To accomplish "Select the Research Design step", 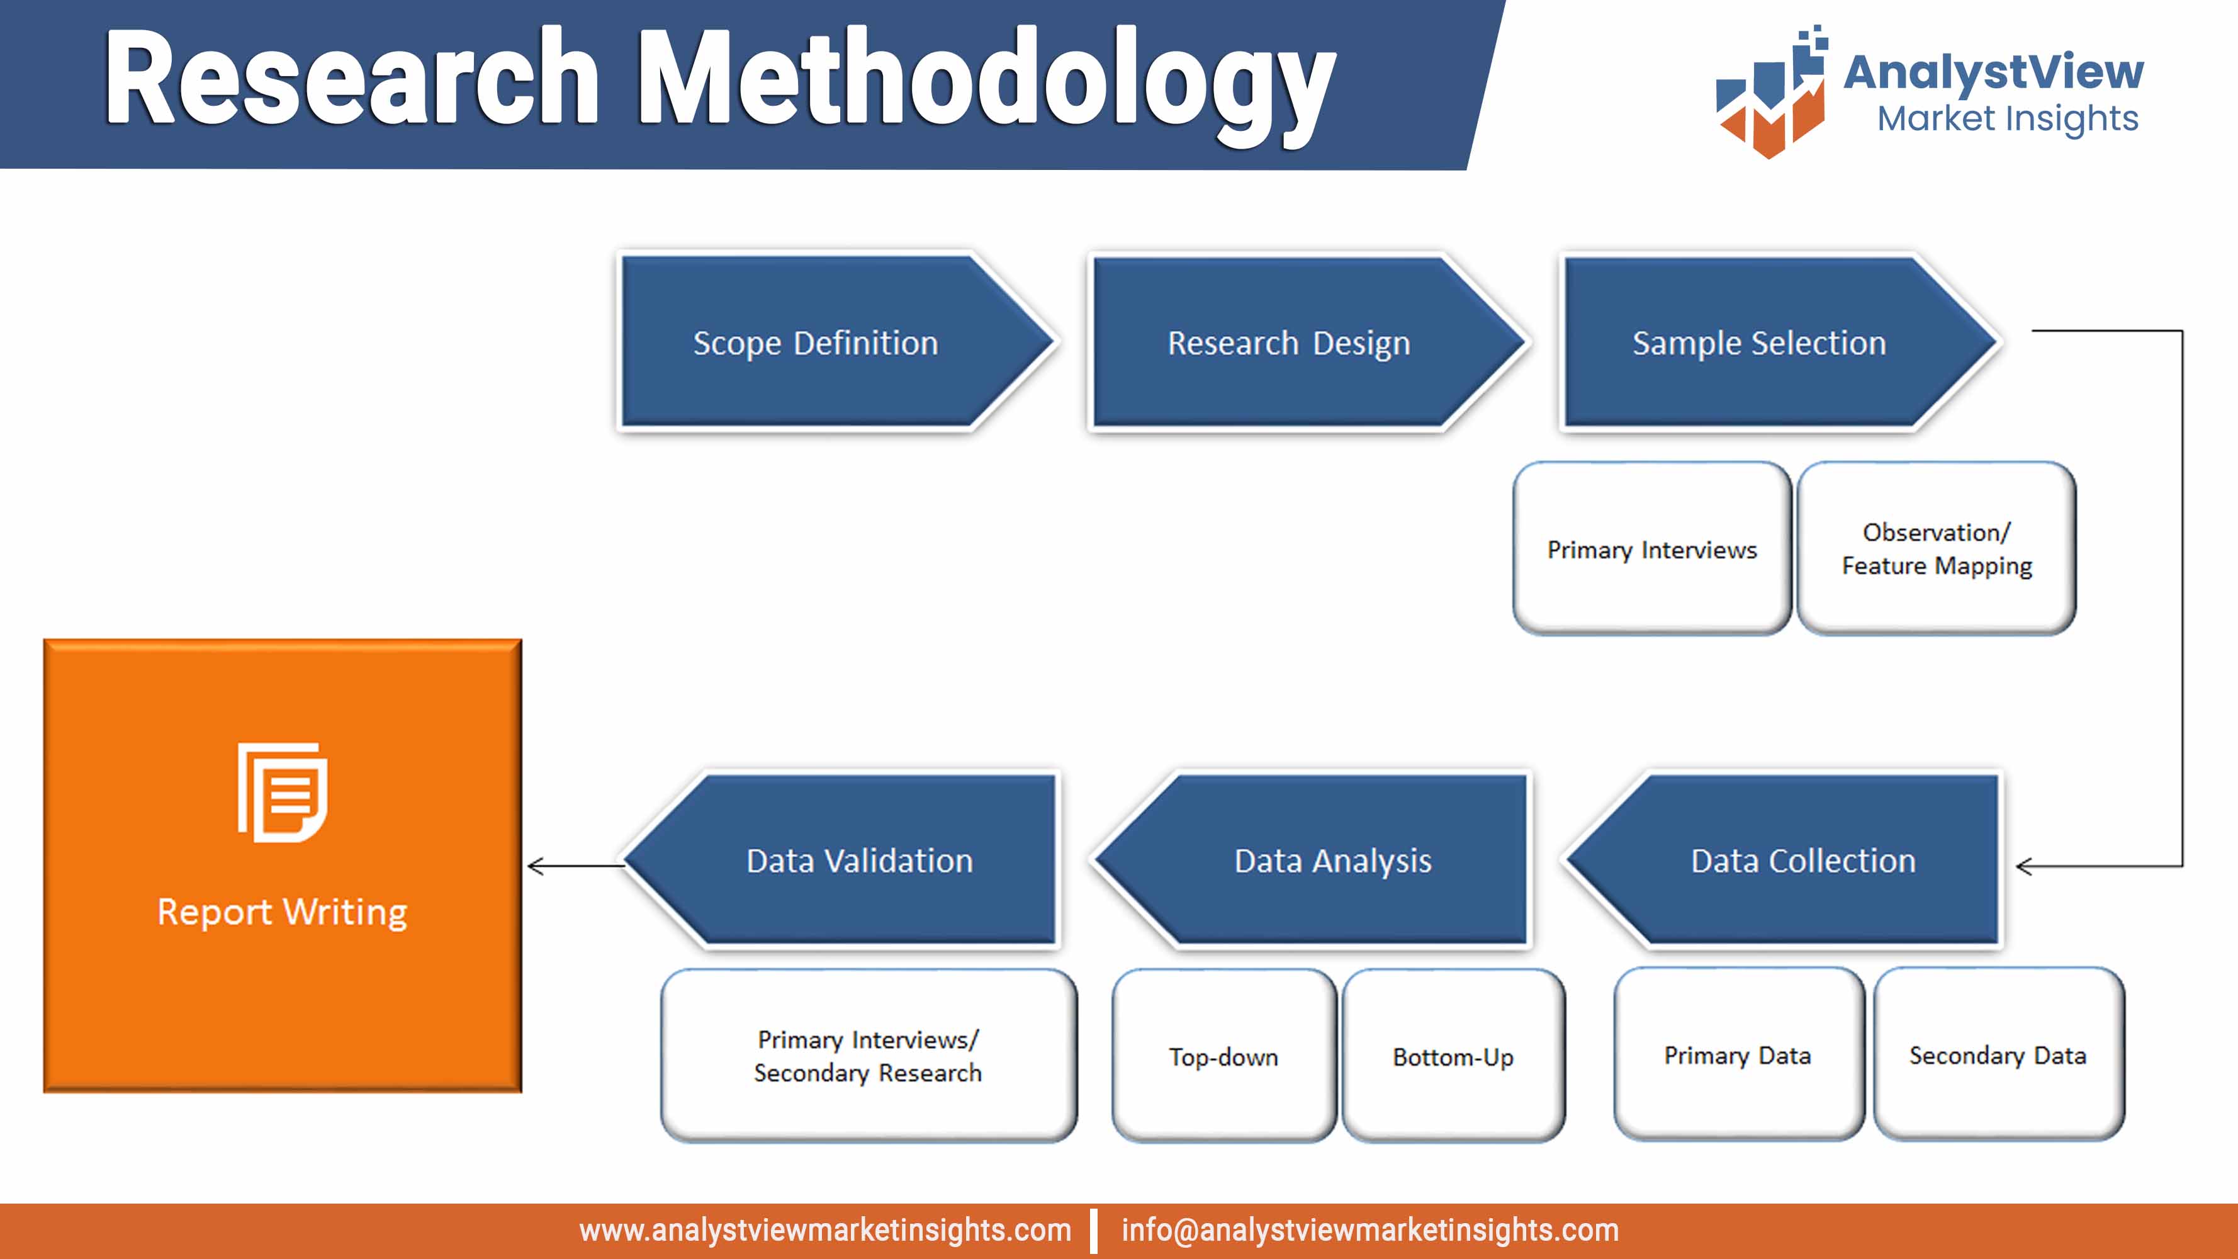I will pyautogui.click(x=1288, y=342).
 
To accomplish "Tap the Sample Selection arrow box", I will pyautogui.click(x=1759, y=342).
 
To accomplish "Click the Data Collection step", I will pyautogui.click(x=1802, y=860).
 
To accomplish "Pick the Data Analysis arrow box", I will pyautogui.click(x=1332, y=860).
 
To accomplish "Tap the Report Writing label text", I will pyautogui.click(x=283, y=912).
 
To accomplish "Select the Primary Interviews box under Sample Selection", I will pyautogui.click(x=1651, y=549).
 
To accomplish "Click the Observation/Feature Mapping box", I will pyautogui.click(x=1937, y=549).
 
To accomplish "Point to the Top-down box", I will pyautogui.click(x=1223, y=1056).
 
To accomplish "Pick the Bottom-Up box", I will pyautogui.click(x=1453, y=1056).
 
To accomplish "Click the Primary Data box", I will pyautogui.click(x=1738, y=1055).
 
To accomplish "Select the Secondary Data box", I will pyautogui.click(x=1998, y=1055).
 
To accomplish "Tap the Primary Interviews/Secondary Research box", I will pyautogui.click(x=868, y=1056).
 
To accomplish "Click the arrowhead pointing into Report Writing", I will pyautogui.click(x=535, y=866).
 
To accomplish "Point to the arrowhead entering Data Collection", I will pyautogui.click(x=2023, y=866).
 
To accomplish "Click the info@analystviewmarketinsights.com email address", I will pyautogui.click(x=1369, y=1230).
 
